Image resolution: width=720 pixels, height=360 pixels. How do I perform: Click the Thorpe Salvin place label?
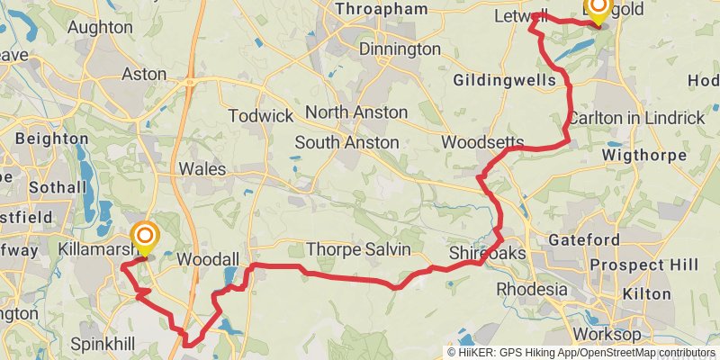358,248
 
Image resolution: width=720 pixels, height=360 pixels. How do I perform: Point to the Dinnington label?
400,49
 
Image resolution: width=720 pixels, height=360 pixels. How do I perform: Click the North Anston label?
356,112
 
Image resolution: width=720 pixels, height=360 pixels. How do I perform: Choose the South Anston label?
346,142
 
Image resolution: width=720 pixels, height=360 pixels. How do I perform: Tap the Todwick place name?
261,116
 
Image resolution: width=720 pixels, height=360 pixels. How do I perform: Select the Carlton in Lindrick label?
636,118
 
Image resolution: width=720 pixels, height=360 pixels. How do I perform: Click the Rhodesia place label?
532,290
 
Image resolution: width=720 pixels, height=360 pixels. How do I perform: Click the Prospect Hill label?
641,266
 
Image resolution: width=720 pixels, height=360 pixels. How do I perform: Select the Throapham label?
381,9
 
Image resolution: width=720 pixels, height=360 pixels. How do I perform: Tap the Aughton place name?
100,28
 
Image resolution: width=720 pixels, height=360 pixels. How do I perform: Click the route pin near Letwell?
598,9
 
